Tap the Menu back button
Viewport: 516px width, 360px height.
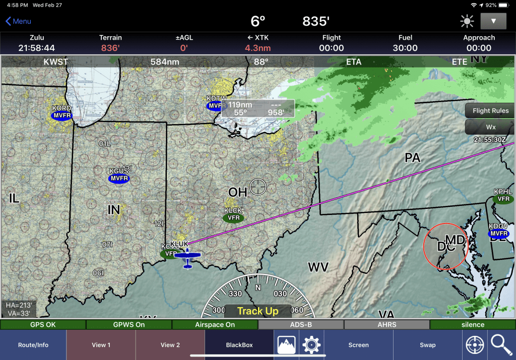pos(18,21)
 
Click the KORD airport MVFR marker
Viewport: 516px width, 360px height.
pos(62,115)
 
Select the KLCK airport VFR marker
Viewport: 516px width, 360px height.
pos(233,218)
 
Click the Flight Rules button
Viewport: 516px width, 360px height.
pos(490,111)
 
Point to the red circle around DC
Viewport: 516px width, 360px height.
pos(445,246)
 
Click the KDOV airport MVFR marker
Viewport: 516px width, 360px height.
pos(498,233)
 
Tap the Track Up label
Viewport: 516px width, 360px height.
pos(257,311)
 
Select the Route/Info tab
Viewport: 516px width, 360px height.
pos(33,345)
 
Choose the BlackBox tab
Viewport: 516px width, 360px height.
pos(239,345)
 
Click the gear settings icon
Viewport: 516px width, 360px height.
pos(311,345)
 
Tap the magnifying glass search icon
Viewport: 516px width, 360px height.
pos(501,345)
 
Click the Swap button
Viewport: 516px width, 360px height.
pos(427,345)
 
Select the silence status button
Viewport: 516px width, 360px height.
pos(472,325)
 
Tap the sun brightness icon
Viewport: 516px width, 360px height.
pos(467,22)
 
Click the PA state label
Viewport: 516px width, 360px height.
pos(412,158)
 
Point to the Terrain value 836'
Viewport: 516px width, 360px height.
pos(110,48)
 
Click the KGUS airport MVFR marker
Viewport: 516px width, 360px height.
pos(119,179)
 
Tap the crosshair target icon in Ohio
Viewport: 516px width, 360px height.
pos(257,186)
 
